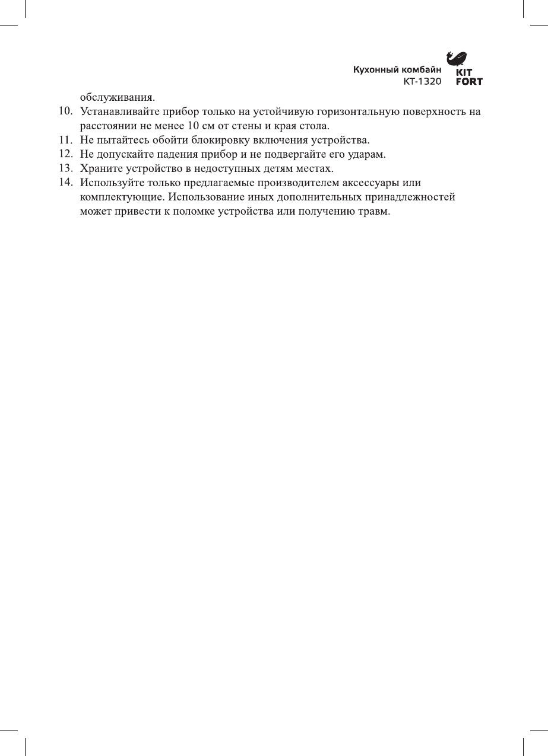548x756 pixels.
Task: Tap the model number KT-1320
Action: tap(422, 81)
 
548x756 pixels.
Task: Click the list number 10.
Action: tap(65, 111)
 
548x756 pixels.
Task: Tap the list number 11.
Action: tap(65, 141)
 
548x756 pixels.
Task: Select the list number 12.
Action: tap(65, 155)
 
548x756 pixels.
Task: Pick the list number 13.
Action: tap(65, 169)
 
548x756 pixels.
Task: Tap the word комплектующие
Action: tap(123, 197)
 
